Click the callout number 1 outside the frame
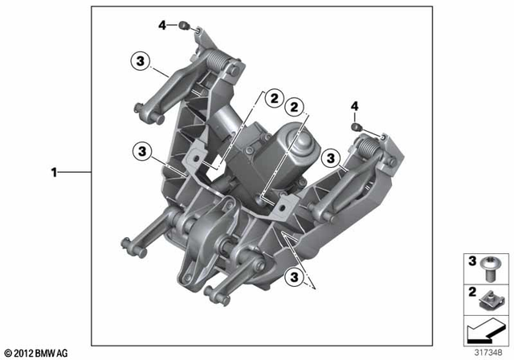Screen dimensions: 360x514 click(54, 171)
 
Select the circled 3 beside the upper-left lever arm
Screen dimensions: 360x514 click(140, 59)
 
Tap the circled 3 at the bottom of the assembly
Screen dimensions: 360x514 click(296, 276)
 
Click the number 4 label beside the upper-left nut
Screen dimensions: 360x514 click(161, 26)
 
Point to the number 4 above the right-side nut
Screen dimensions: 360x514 click(354, 105)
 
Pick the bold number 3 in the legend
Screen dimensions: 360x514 click(471, 260)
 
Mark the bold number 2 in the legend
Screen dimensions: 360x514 click(471, 290)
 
